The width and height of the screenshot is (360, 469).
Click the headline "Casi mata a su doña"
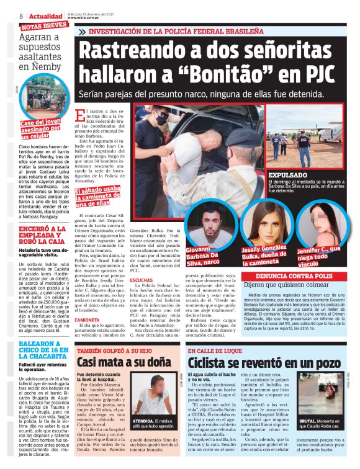pyautogui.click(x=124, y=362)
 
